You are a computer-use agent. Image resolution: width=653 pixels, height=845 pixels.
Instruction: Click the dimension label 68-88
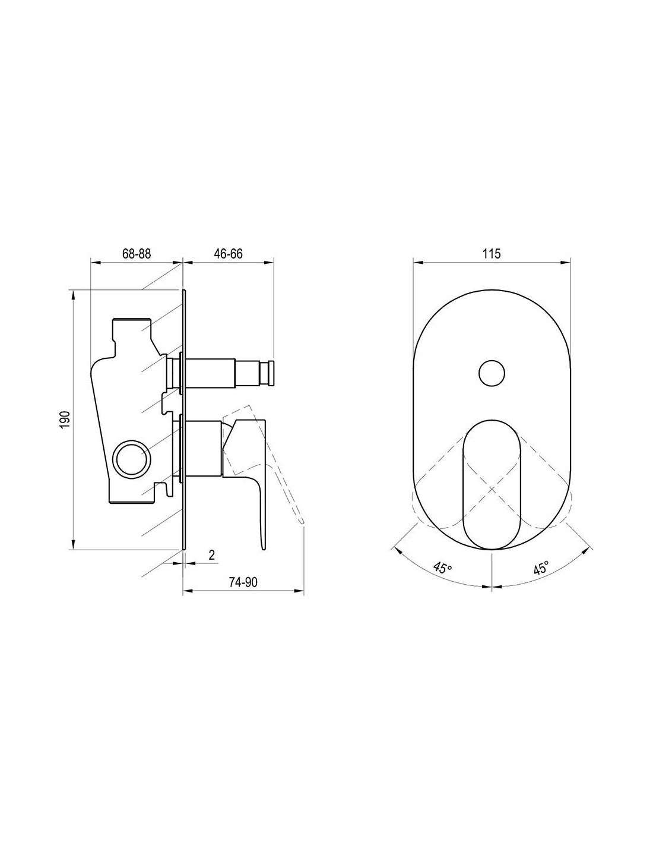137,254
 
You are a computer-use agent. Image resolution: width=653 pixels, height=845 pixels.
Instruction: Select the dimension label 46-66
228,254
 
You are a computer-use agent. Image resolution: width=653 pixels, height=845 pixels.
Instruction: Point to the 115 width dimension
492,254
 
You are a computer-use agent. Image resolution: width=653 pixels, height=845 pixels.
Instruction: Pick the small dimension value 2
212,555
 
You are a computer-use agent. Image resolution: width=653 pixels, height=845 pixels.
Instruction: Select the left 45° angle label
443,567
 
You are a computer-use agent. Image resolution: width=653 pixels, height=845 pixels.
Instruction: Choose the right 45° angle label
541,567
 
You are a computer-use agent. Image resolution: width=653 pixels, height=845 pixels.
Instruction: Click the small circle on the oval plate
492,373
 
